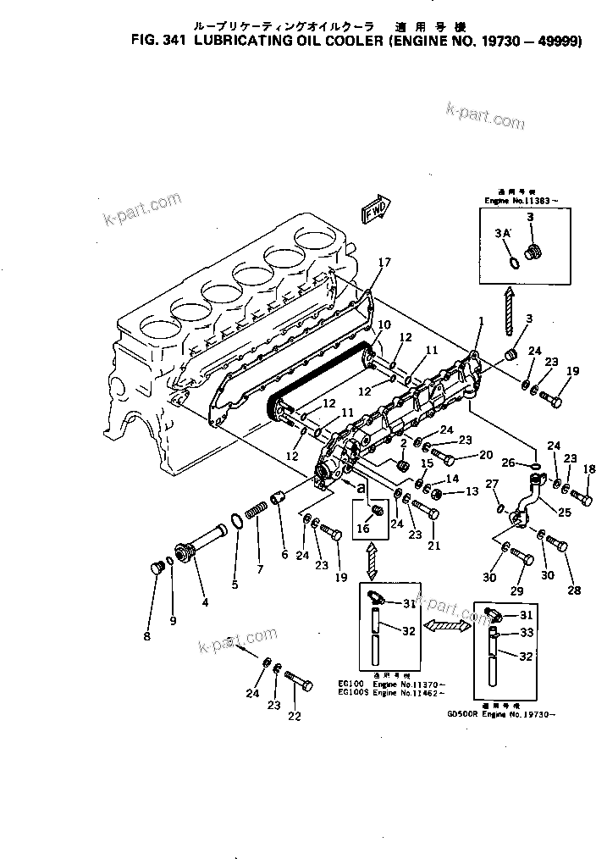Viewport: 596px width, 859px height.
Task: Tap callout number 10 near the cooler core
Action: pyautogui.click(x=384, y=324)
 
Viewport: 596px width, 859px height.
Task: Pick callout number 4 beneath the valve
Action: pyautogui.click(x=204, y=603)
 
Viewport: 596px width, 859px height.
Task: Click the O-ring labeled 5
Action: pyautogui.click(x=238, y=520)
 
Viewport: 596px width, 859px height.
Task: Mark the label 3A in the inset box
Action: pyautogui.click(x=501, y=231)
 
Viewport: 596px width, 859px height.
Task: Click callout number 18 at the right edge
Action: pyautogui.click(x=589, y=468)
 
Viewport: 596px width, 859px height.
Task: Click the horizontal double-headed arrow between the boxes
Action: pyautogui.click(x=447, y=625)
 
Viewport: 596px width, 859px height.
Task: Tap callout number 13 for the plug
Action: pyautogui.click(x=471, y=491)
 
